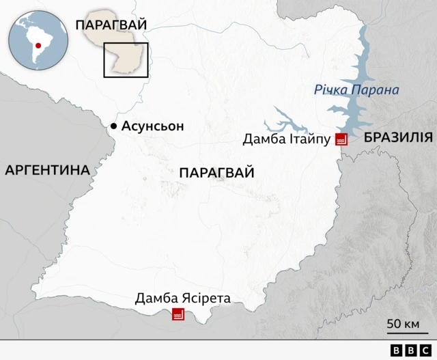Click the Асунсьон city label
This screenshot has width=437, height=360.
click(x=153, y=126)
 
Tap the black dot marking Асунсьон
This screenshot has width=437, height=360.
click(x=114, y=126)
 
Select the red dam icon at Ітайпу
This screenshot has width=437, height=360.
click(x=341, y=139)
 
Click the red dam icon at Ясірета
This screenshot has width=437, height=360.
click(x=178, y=314)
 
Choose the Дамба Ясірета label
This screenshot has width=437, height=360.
click(x=182, y=299)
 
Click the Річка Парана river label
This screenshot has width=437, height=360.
click(x=356, y=90)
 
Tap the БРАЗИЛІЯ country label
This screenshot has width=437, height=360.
click(x=398, y=137)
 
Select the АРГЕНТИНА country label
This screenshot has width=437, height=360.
click(x=48, y=170)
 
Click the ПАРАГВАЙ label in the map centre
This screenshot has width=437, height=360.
click(x=216, y=173)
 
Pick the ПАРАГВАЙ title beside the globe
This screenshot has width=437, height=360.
click(x=111, y=25)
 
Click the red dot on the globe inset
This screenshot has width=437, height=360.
click(x=39, y=46)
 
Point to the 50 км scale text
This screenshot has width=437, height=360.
click(x=403, y=323)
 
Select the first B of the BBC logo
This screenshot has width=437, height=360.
click(x=397, y=350)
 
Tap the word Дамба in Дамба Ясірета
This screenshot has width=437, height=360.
click(x=156, y=299)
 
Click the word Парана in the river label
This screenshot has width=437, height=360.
click(x=377, y=90)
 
